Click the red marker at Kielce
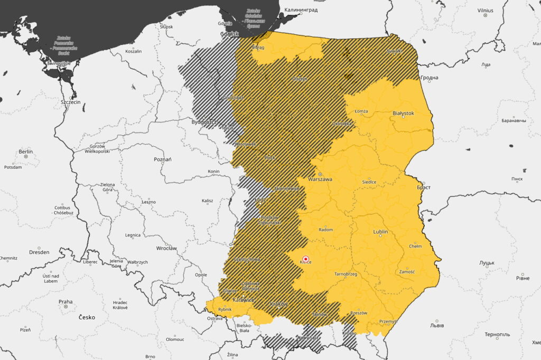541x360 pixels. [x=305, y=259]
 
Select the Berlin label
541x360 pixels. [x=26, y=151]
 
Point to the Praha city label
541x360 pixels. [x=66, y=302]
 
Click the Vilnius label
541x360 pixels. [x=484, y=10]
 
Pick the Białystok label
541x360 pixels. [x=403, y=113]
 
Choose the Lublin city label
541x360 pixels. [x=380, y=232]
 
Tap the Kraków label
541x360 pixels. [x=278, y=304]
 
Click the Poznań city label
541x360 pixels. [x=163, y=159]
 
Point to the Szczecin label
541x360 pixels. [x=71, y=102]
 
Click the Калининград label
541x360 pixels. [x=301, y=10]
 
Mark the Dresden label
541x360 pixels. [x=39, y=252]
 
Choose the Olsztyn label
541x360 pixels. [x=300, y=79]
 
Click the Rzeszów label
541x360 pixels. [x=359, y=312]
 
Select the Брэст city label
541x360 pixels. [x=424, y=187]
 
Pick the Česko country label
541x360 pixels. [x=87, y=317]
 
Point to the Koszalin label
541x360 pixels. [x=134, y=51]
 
